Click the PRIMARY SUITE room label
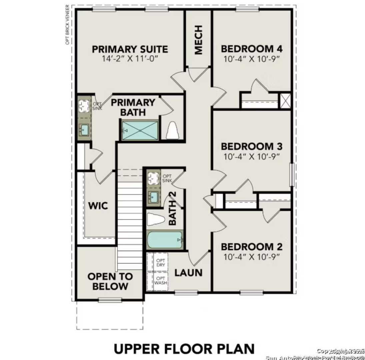[x=130, y=49]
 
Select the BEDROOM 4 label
[x=252, y=49]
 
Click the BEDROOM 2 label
[x=252, y=247]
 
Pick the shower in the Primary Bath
[x=139, y=130]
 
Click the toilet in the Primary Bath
[x=172, y=131]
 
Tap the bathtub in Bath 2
[x=165, y=240]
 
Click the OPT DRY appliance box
[x=161, y=263]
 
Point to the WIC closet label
[x=98, y=206]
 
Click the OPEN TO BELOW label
[x=110, y=281]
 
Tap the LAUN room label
[x=189, y=273]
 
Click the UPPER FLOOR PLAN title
[x=184, y=349]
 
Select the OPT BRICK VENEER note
[x=67, y=25]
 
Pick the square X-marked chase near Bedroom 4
[x=285, y=101]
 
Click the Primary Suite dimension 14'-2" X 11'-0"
[x=130, y=59]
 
